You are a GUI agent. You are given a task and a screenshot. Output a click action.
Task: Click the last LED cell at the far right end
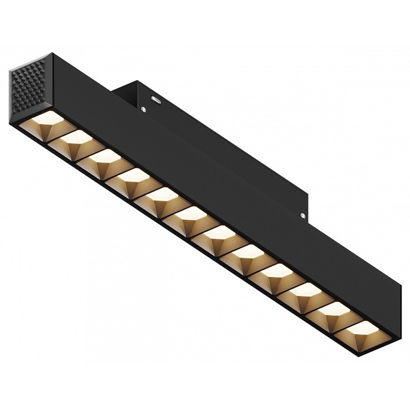(362, 329)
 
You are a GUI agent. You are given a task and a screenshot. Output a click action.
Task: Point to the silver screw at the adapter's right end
(302, 215)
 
